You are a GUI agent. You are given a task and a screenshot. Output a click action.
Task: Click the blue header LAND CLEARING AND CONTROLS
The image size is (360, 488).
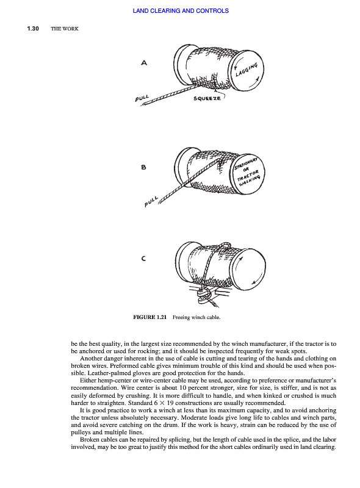181,11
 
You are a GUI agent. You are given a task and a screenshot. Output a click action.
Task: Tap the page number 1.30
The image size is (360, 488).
33,29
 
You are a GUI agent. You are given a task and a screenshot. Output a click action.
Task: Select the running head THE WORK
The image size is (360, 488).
65,29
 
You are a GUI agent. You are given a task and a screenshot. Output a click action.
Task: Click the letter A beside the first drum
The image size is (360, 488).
144,63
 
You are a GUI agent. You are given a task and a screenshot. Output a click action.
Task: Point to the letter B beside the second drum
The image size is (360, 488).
143,167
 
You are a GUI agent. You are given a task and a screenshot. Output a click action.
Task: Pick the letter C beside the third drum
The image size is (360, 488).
143,258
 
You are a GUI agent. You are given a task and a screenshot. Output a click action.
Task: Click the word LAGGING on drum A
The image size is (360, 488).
247,70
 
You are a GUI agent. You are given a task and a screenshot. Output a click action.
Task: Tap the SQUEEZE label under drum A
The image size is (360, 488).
207,98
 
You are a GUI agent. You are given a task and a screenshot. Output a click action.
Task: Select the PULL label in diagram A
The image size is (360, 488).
142,98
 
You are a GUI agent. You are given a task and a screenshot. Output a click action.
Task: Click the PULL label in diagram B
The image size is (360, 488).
151,202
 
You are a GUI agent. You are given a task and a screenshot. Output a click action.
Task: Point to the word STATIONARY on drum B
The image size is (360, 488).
246,163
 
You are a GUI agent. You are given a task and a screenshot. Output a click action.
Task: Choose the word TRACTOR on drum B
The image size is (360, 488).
248,175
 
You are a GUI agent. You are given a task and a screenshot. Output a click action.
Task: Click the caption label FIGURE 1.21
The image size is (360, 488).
149,317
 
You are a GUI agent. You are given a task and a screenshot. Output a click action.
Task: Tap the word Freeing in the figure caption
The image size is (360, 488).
181,317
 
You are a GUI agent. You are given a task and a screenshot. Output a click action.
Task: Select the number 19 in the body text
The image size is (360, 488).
170,403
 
